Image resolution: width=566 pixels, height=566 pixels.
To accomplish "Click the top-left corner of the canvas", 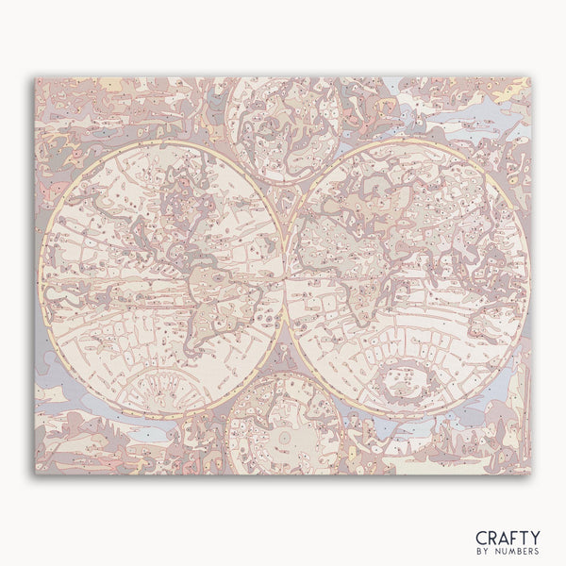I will coord(37,77).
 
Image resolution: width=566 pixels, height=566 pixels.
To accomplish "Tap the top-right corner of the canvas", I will coord(531,77).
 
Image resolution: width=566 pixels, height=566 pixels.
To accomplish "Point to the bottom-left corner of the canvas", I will coord(37,474).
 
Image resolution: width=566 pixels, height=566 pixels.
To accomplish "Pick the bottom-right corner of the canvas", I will coord(531,474).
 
